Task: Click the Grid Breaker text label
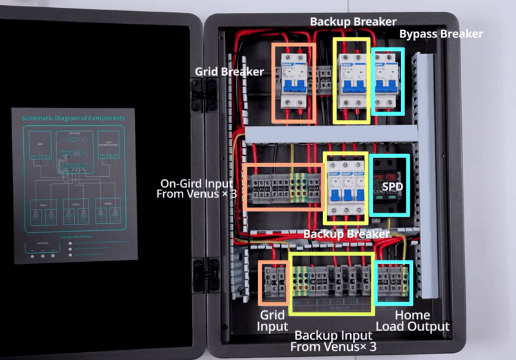(229, 71)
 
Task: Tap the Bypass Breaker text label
(441, 34)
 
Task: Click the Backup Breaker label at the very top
(353, 21)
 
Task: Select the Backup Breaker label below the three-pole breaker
(346, 233)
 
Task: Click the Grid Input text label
(273, 321)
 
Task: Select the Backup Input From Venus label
(333, 341)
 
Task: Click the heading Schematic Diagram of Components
(73, 119)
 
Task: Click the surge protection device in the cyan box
(390, 186)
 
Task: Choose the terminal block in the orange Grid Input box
(273, 283)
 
